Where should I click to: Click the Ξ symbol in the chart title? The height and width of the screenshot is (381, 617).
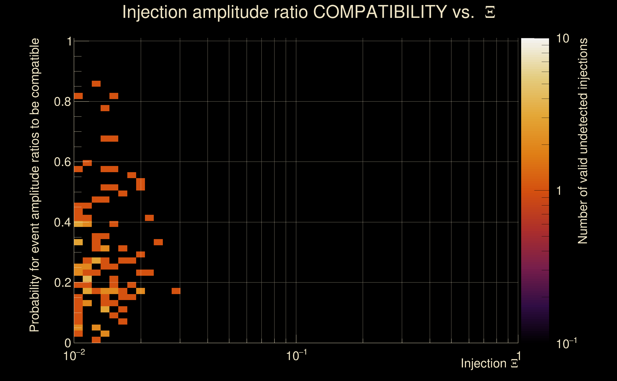[490, 12]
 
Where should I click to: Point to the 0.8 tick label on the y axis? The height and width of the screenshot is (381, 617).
[62, 102]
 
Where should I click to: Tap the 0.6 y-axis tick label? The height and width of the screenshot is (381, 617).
[62, 162]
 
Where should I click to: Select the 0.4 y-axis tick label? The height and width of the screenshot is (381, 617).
[62, 222]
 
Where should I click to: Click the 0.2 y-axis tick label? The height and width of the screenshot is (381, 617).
[62, 283]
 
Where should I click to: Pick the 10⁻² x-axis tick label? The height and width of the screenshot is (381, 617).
[74, 356]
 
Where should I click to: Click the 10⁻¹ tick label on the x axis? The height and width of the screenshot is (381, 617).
[296, 356]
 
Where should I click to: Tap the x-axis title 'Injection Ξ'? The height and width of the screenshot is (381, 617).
[489, 363]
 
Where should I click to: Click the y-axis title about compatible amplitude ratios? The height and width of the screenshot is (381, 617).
[35, 185]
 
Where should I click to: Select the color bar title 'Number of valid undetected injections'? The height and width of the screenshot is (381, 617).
[583, 141]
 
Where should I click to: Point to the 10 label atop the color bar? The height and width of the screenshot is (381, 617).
[562, 39]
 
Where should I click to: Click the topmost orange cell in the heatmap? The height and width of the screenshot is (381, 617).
[96, 84]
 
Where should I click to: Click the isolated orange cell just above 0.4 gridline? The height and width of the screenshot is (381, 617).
[149, 218]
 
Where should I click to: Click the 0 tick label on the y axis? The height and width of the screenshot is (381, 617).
[68, 343]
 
